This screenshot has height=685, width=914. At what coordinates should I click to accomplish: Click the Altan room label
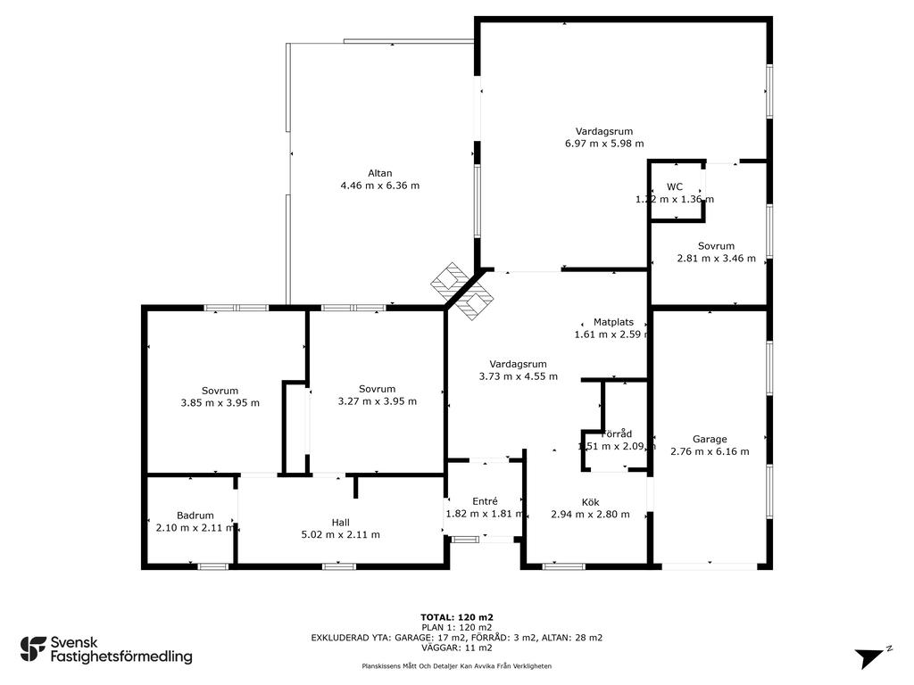379,173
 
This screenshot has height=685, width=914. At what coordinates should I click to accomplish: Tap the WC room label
675,187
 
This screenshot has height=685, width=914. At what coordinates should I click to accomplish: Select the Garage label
710,439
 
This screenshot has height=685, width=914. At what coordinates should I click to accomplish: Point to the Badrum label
195,516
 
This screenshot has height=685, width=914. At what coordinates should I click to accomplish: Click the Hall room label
340,523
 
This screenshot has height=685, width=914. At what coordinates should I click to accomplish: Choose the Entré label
485,501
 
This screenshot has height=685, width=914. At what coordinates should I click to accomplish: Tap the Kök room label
590,502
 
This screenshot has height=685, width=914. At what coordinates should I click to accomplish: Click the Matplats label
613,322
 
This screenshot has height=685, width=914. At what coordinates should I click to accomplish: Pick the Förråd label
617,434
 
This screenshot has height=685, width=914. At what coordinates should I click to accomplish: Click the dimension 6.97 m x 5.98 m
604,144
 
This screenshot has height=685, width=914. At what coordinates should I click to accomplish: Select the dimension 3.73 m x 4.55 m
519,376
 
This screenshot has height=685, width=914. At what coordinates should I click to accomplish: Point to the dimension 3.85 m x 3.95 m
220,402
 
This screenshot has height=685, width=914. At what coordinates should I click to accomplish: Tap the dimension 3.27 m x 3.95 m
378,400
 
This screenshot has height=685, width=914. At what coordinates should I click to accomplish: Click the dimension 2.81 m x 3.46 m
717,258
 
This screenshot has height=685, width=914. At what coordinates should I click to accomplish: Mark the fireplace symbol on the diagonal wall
462,292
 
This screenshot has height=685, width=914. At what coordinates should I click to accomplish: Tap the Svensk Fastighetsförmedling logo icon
33,649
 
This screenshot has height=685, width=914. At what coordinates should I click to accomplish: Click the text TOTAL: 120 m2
457,617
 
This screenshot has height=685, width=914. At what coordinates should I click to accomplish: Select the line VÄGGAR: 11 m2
457,648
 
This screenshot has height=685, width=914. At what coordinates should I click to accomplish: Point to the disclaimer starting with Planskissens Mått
457,665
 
